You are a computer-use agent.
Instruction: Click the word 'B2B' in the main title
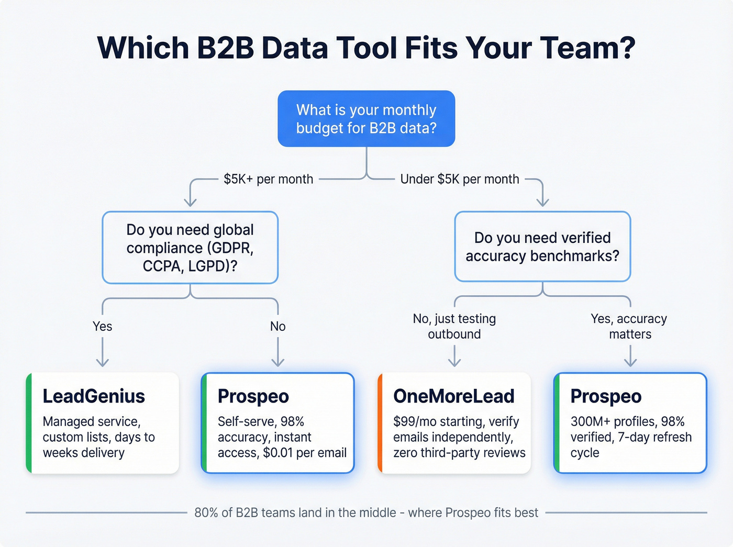[225, 48]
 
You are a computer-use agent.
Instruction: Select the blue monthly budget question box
[366, 119]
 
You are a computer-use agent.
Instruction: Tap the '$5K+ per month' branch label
[268, 179]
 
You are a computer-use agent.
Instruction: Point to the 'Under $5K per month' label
[460, 179]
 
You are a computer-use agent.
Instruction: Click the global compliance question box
[190, 248]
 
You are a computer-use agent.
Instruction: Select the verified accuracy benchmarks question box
[542, 247]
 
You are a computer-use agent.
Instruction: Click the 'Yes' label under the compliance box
[103, 326]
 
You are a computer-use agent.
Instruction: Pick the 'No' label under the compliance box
[277, 326]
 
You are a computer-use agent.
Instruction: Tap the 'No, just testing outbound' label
[454, 326]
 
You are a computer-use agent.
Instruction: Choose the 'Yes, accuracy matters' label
[629, 326]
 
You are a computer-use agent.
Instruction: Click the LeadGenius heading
[94, 396]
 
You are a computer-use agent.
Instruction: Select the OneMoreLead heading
[454, 396]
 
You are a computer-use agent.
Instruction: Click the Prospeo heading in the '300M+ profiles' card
[606, 396]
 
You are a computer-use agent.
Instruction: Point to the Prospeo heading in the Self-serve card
[253, 396]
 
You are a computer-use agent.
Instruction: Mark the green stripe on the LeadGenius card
[29, 423]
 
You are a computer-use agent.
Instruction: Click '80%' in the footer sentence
[206, 512]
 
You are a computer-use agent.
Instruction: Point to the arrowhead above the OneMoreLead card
[454, 362]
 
